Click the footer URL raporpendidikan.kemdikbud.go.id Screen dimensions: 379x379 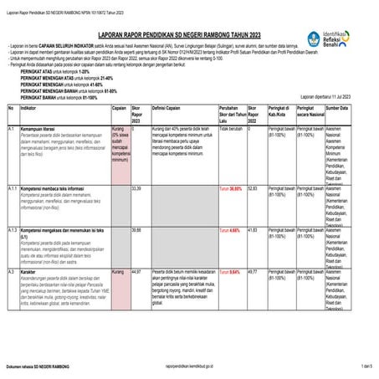tap(189, 366)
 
